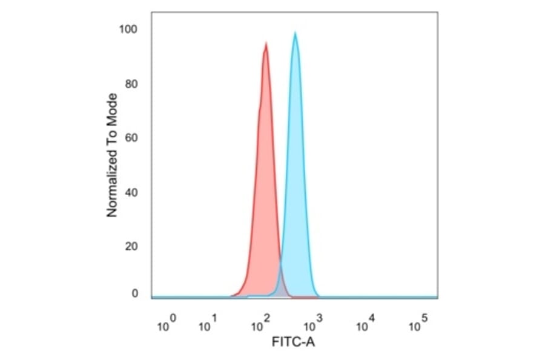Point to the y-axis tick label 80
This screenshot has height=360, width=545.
pos(132,84)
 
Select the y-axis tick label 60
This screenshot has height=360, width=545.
pos(132,138)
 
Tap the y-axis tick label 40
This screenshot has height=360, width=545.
pos(132,193)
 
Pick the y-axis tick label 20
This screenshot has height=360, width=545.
pos(132,247)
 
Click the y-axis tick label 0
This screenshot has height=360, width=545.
pos(134,294)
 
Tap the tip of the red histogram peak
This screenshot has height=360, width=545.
pos(266,43)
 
